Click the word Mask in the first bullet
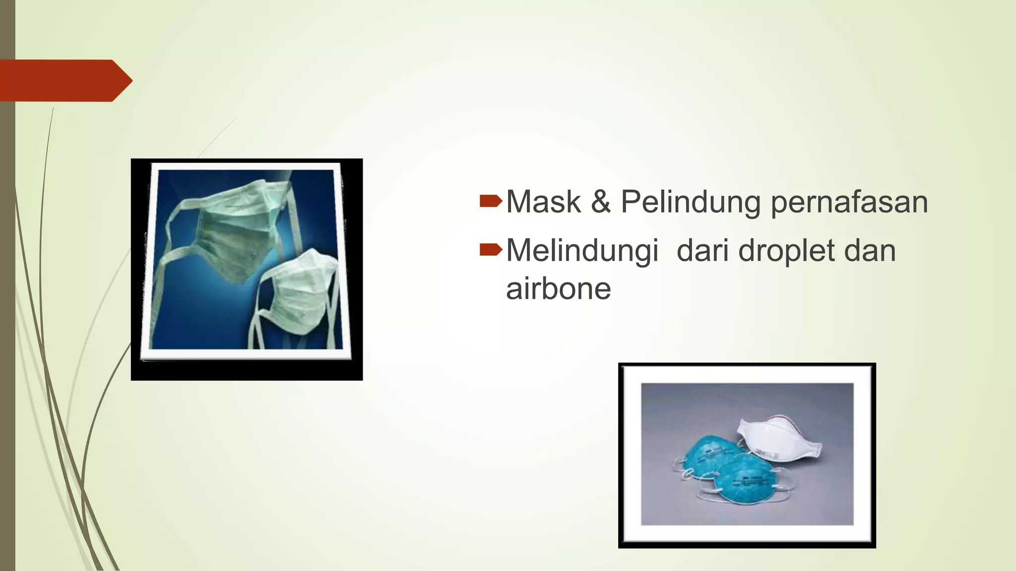(x=543, y=202)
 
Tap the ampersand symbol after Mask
(x=601, y=202)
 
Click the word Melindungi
(x=582, y=251)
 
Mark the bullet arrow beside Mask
(x=491, y=201)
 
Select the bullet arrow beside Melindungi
(x=491, y=250)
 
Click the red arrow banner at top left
(x=60, y=80)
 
